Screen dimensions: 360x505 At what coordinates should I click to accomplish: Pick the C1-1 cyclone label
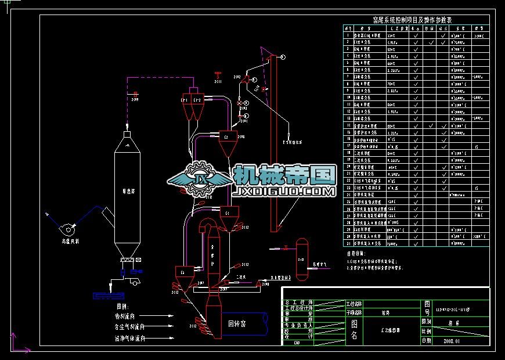(x=185, y=100)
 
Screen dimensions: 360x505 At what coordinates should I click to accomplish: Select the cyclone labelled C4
(x=183, y=272)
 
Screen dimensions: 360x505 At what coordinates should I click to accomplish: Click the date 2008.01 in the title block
(x=450, y=341)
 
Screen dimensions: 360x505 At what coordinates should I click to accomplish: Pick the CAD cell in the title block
(x=297, y=343)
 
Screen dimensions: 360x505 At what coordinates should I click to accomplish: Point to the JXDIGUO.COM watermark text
(x=284, y=191)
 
